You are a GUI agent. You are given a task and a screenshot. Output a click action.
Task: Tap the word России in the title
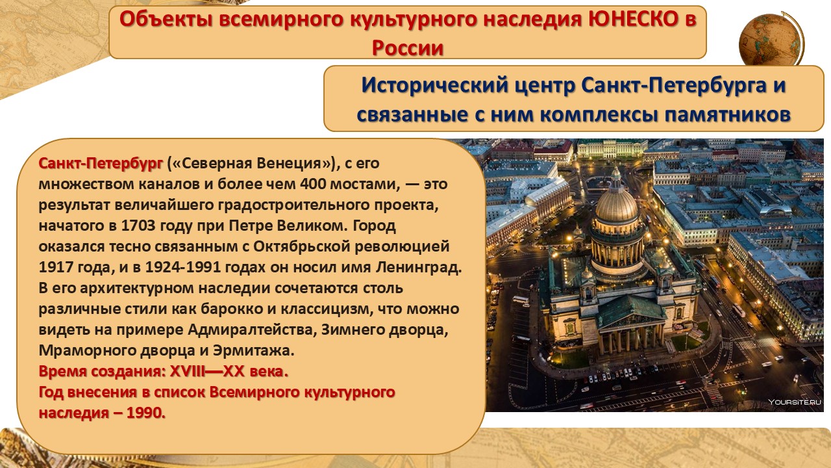408,48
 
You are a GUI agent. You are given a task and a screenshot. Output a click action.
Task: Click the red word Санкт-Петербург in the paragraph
101,163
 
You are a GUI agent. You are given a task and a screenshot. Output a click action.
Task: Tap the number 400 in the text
313,184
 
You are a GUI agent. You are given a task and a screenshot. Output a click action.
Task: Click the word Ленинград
419,267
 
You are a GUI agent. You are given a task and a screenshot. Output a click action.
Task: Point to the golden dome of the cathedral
616,204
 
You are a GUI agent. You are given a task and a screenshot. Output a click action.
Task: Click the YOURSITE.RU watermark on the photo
794,402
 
